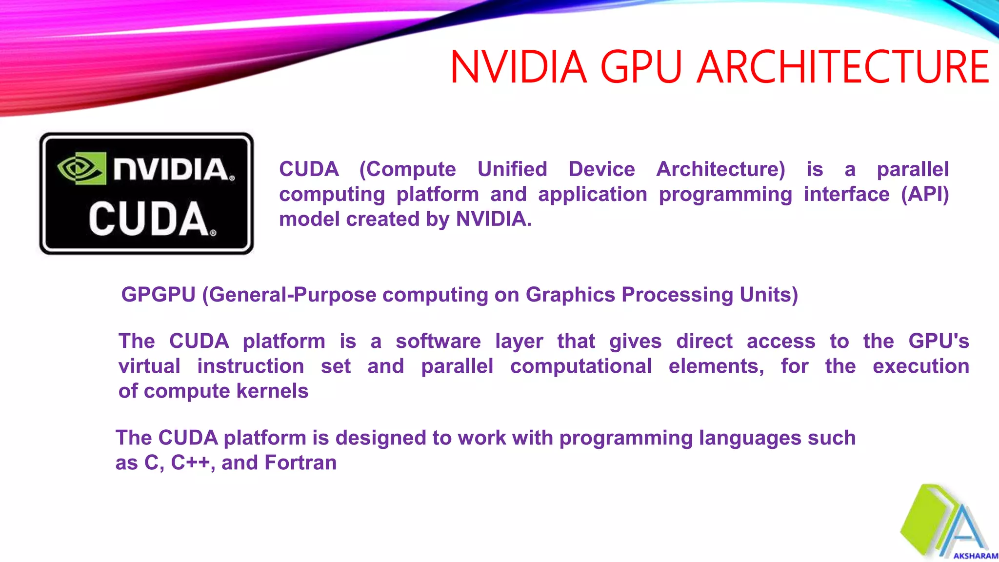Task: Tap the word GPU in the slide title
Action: coord(640,67)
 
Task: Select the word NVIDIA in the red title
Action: coord(518,67)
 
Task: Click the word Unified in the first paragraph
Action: coord(512,169)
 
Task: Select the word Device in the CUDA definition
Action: coord(601,169)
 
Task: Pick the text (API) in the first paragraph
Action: coord(925,194)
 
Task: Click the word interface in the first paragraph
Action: coord(846,194)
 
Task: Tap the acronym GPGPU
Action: coord(158,295)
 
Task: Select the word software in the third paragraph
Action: coord(438,341)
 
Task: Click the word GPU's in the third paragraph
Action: coord(939,341)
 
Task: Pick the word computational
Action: coord(580,366)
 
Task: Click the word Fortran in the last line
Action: coord(300,462)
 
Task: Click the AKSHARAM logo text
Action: coord(975,556)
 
